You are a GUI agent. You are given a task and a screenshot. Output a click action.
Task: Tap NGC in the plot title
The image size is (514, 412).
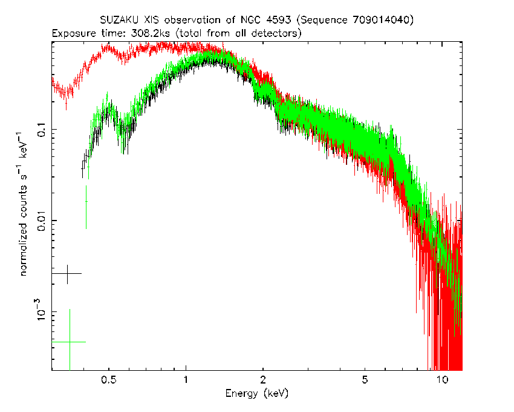click(251, 20)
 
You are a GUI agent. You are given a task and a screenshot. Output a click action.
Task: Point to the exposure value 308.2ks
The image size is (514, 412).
click(151, 33)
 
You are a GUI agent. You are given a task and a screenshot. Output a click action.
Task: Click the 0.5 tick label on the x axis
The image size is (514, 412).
click(109, 380)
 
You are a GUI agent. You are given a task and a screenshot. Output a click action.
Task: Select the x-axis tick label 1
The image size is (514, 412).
click(186, 380)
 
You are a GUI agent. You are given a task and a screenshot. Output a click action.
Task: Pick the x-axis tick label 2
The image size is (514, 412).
click(263, 380)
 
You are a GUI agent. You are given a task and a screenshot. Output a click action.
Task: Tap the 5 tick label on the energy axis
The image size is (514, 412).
click(365, 380)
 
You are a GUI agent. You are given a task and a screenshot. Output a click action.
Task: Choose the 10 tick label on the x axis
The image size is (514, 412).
click(442, 380)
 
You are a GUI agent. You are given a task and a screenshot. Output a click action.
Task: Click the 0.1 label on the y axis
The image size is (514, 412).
click(42, 129)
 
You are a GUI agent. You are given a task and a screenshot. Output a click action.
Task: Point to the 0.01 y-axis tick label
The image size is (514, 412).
click(42, 220)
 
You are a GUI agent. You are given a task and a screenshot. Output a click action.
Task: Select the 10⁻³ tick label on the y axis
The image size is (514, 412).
click(41, 310)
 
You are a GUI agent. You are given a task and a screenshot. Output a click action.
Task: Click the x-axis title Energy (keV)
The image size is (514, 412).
click(257, 394)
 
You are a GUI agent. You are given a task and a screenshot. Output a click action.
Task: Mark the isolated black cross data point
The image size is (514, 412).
click(67, 274)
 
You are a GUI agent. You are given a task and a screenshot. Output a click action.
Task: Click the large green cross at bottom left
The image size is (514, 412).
click(70, 342)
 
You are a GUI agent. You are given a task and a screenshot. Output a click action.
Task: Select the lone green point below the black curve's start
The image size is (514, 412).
click(86, 201)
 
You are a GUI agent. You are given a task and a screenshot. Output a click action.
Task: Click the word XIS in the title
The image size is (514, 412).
click(152, 20)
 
